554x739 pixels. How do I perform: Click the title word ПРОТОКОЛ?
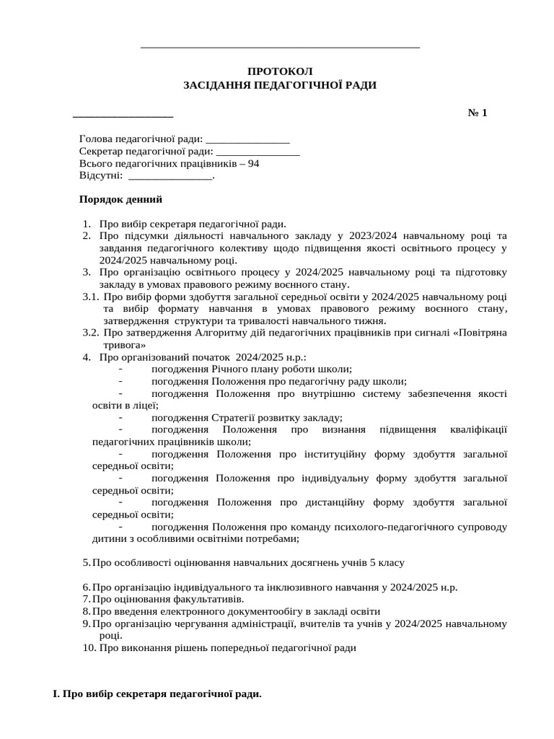(x=280, y=71)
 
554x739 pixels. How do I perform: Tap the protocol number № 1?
(x=478, y=113)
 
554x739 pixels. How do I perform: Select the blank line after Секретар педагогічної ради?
(x=258, y=152)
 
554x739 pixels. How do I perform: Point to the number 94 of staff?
(x=253, y=164)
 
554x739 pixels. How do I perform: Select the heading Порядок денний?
(x=120, y=199)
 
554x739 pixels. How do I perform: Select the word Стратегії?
(x=235, y=418)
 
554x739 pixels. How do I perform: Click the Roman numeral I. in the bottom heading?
(x=56, y=694)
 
